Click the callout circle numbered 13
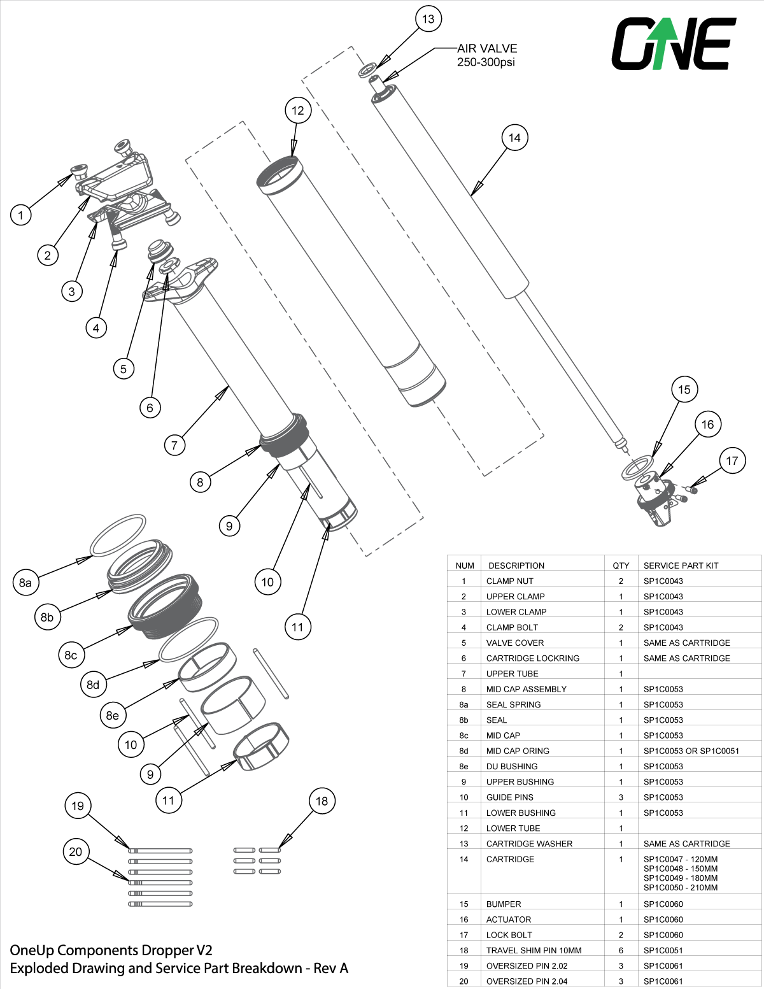pos(428,19)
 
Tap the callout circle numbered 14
pos(514,138)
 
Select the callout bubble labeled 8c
pos(71,655)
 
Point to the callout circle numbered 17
pos(732,460)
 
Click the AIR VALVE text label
pos(487,48)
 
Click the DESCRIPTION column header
pos(516,566)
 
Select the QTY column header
pos(621,566)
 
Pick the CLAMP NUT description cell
pos(509,581)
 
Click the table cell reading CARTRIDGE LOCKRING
pos(532,658)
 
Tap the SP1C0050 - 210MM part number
pos(680,888)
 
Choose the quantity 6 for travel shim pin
pos(621,950)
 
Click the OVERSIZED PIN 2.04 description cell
pos(527,981)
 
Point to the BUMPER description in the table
pos(504,904)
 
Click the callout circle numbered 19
pos(77,806)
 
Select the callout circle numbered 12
pos(298,110)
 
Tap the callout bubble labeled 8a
pos(25,583)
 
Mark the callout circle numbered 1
pos(21,215)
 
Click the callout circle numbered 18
pos(322,801)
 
